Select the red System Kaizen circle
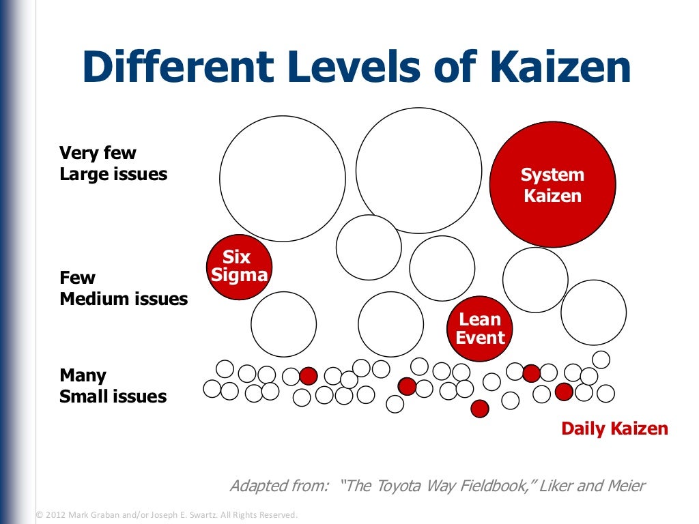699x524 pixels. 552,185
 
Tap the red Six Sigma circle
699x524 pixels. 239,267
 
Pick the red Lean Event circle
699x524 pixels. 480,329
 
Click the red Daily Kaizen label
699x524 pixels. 614,428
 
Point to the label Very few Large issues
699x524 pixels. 113,164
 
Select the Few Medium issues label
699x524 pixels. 124,289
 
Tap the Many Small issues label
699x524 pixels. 113,386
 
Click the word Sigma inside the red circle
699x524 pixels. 239,276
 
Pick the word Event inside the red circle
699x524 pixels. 481,338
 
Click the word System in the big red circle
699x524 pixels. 552,175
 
